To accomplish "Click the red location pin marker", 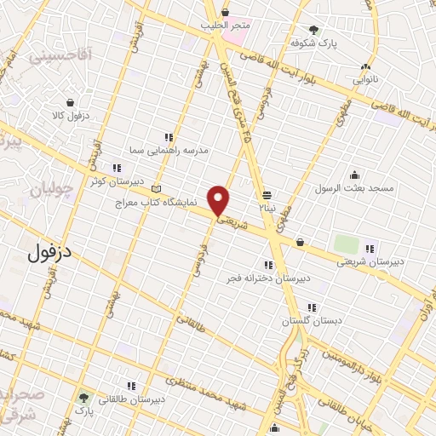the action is point(219,201).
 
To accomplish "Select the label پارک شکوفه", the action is point(310,42).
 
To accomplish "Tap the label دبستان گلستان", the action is point(313,320).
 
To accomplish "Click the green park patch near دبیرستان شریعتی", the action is point(346,244).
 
